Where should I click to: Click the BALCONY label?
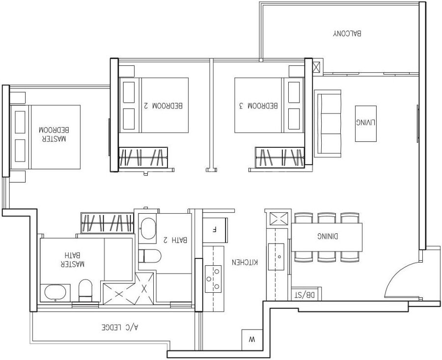347,33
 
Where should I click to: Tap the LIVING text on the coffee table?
365,123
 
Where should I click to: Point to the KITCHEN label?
245,262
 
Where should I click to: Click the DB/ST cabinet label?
304,295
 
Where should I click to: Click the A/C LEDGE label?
120,327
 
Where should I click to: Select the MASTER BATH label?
73,259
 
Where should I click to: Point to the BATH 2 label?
175,240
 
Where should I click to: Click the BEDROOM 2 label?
163,106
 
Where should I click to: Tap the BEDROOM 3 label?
258,106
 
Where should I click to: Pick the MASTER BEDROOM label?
53,134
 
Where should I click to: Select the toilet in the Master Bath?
85,290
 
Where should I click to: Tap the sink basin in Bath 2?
148,229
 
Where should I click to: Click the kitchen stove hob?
213,279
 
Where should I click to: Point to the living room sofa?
328,124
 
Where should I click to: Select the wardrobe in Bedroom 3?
279,157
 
